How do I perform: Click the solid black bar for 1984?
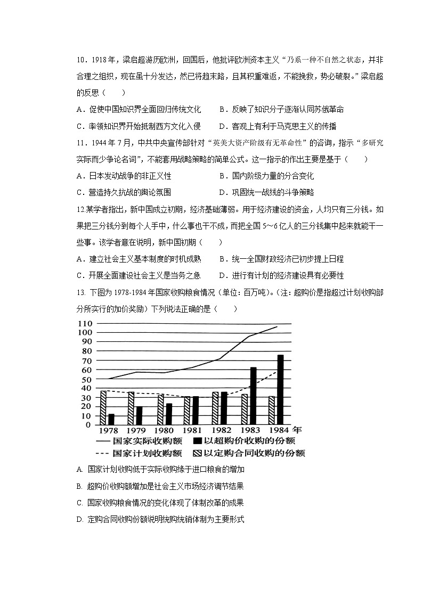click(280, 389)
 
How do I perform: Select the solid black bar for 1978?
click(111, 419)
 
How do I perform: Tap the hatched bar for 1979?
click(131, 408)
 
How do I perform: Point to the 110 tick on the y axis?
click(85, 324)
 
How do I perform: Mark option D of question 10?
click(278, 126)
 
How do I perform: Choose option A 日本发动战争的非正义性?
click(124, 176)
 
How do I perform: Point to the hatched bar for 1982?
click(215, 408)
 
